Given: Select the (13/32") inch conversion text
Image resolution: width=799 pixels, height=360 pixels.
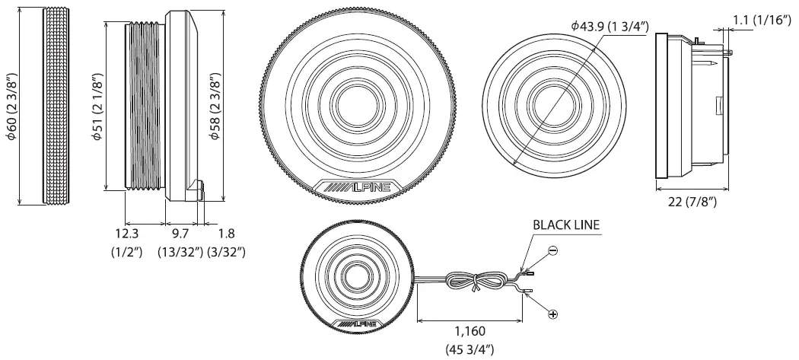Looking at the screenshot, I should click(180, 252).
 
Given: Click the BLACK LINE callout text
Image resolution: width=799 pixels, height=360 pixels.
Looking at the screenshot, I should click(565, 225).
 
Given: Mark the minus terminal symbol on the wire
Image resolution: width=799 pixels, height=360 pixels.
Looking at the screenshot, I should click(552, 250).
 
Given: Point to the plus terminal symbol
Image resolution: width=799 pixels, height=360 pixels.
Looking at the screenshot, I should click(552, 314).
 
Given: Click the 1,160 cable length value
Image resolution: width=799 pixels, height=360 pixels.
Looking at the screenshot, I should click(470, 331).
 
